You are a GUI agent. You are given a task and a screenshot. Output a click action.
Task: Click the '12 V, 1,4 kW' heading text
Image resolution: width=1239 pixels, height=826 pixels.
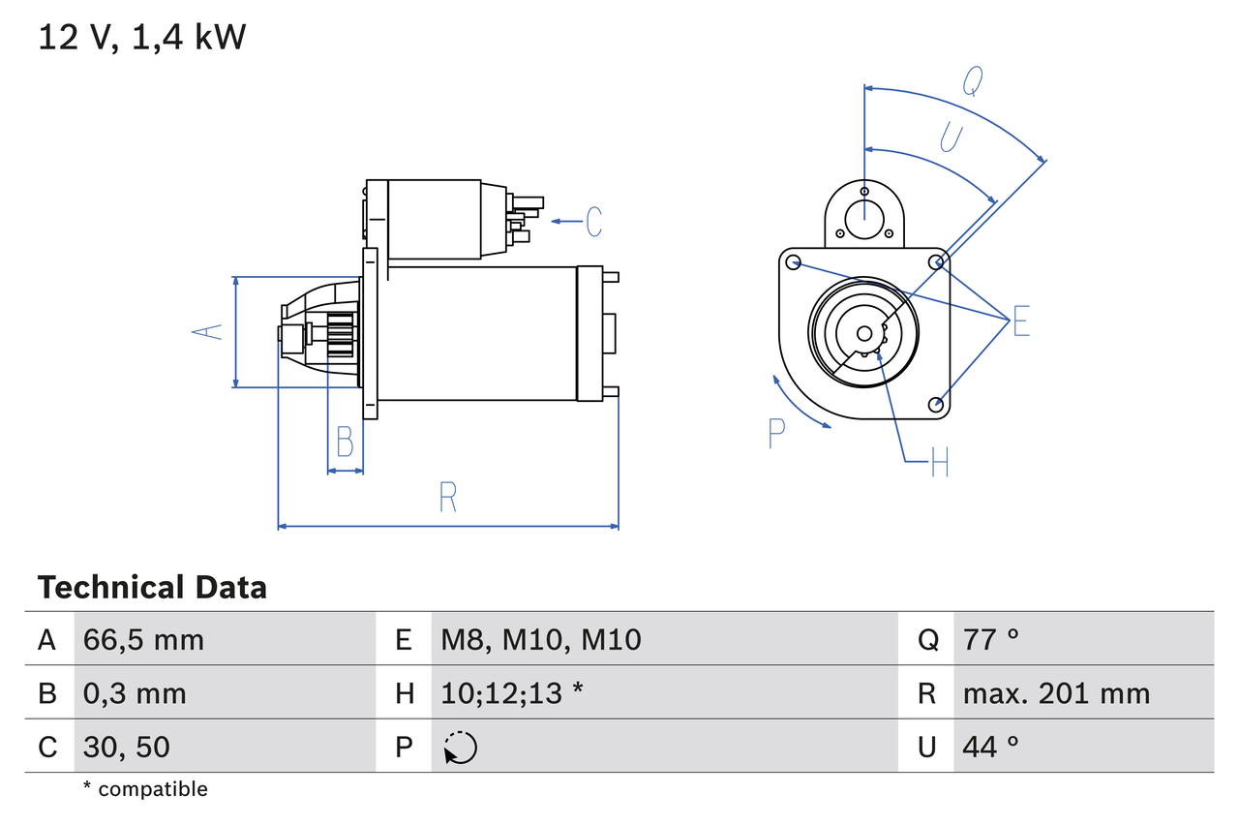pos(142,38)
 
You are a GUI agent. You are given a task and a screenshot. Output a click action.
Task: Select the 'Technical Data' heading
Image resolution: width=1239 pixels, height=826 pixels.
pos(152,588)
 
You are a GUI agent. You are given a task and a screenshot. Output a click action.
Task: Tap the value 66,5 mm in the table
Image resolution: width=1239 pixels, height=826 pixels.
pos(143,639)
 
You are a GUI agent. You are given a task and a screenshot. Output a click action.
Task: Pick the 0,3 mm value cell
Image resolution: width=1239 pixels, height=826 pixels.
pos(135,693)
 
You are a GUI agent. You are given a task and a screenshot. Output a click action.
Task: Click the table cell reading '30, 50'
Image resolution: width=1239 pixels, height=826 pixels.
pos(126,747)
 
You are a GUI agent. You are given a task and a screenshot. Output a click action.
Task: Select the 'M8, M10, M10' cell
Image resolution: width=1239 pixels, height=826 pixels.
pos(541,639)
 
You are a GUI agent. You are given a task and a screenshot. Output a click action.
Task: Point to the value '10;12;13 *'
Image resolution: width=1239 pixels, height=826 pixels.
pos(512,693)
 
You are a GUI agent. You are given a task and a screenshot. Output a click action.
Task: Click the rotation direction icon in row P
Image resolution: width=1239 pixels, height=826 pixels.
pos(461,748)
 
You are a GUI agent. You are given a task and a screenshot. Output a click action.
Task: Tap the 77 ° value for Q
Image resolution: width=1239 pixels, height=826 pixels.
pos(991,639)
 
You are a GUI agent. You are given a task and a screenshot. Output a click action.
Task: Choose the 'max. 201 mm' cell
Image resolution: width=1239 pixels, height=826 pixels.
pos(1056,693)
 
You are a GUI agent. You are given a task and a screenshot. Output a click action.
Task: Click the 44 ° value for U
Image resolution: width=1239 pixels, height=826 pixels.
pos(991,747)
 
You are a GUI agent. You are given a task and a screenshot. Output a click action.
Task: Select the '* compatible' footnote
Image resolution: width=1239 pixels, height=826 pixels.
pos(145,789)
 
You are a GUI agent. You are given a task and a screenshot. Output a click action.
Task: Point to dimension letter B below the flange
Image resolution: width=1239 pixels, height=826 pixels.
pos(345,442)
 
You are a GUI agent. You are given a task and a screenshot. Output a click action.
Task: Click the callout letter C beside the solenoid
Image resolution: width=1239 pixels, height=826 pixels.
pos(593,222)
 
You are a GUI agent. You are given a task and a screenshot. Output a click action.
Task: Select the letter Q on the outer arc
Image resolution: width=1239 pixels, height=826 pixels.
pos(973,84)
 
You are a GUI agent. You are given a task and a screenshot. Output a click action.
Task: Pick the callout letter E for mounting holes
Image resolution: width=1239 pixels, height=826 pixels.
pos(1021,321)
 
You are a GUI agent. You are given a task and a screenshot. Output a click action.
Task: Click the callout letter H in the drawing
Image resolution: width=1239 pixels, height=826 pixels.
pos(939,462)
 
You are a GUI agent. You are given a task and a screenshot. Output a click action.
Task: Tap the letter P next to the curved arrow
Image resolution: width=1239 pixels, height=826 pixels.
pos(776,434)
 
